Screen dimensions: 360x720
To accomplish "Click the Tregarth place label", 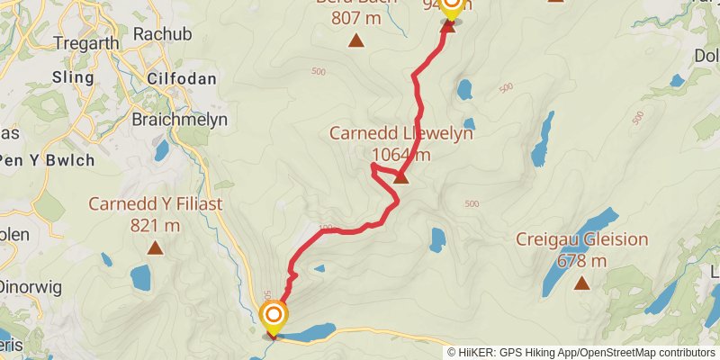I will [81, 42].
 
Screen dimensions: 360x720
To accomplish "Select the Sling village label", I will [73, 77].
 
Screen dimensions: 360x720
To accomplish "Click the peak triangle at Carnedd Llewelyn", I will [401, 176].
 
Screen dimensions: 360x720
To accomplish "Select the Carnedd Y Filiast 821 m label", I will [155, 214].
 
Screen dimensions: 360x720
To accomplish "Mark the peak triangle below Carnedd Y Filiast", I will [155, 246].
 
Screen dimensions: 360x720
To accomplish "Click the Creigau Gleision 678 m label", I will [581, 250].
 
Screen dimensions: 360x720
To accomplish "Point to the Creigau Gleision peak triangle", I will [581, 283].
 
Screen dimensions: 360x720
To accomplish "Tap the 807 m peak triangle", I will [356, 40].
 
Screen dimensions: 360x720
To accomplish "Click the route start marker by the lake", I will [273, 316].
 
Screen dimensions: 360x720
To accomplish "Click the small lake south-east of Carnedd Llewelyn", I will [437, 239].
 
